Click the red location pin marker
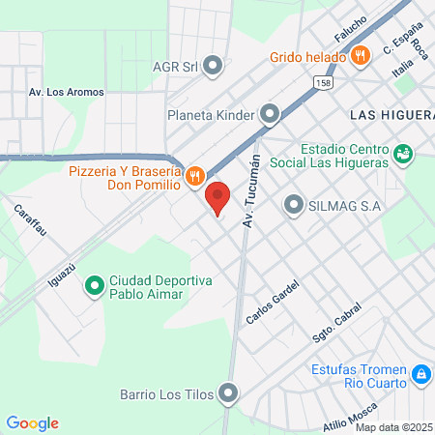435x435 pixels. pos(217,198)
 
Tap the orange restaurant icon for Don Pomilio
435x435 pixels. pos(194,175)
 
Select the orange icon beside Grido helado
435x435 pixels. pos(361,56)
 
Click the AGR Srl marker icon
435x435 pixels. pos(214,67)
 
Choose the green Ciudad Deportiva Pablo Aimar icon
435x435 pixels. pos(94,284)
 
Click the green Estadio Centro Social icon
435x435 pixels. pos(403,153)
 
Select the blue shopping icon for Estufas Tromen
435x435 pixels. pos(420,373)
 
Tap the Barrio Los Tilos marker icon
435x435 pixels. pos(228,393)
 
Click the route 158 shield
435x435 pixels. pos(321,85)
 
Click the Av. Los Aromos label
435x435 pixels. pos(67,93)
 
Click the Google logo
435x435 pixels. pos(33,423)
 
